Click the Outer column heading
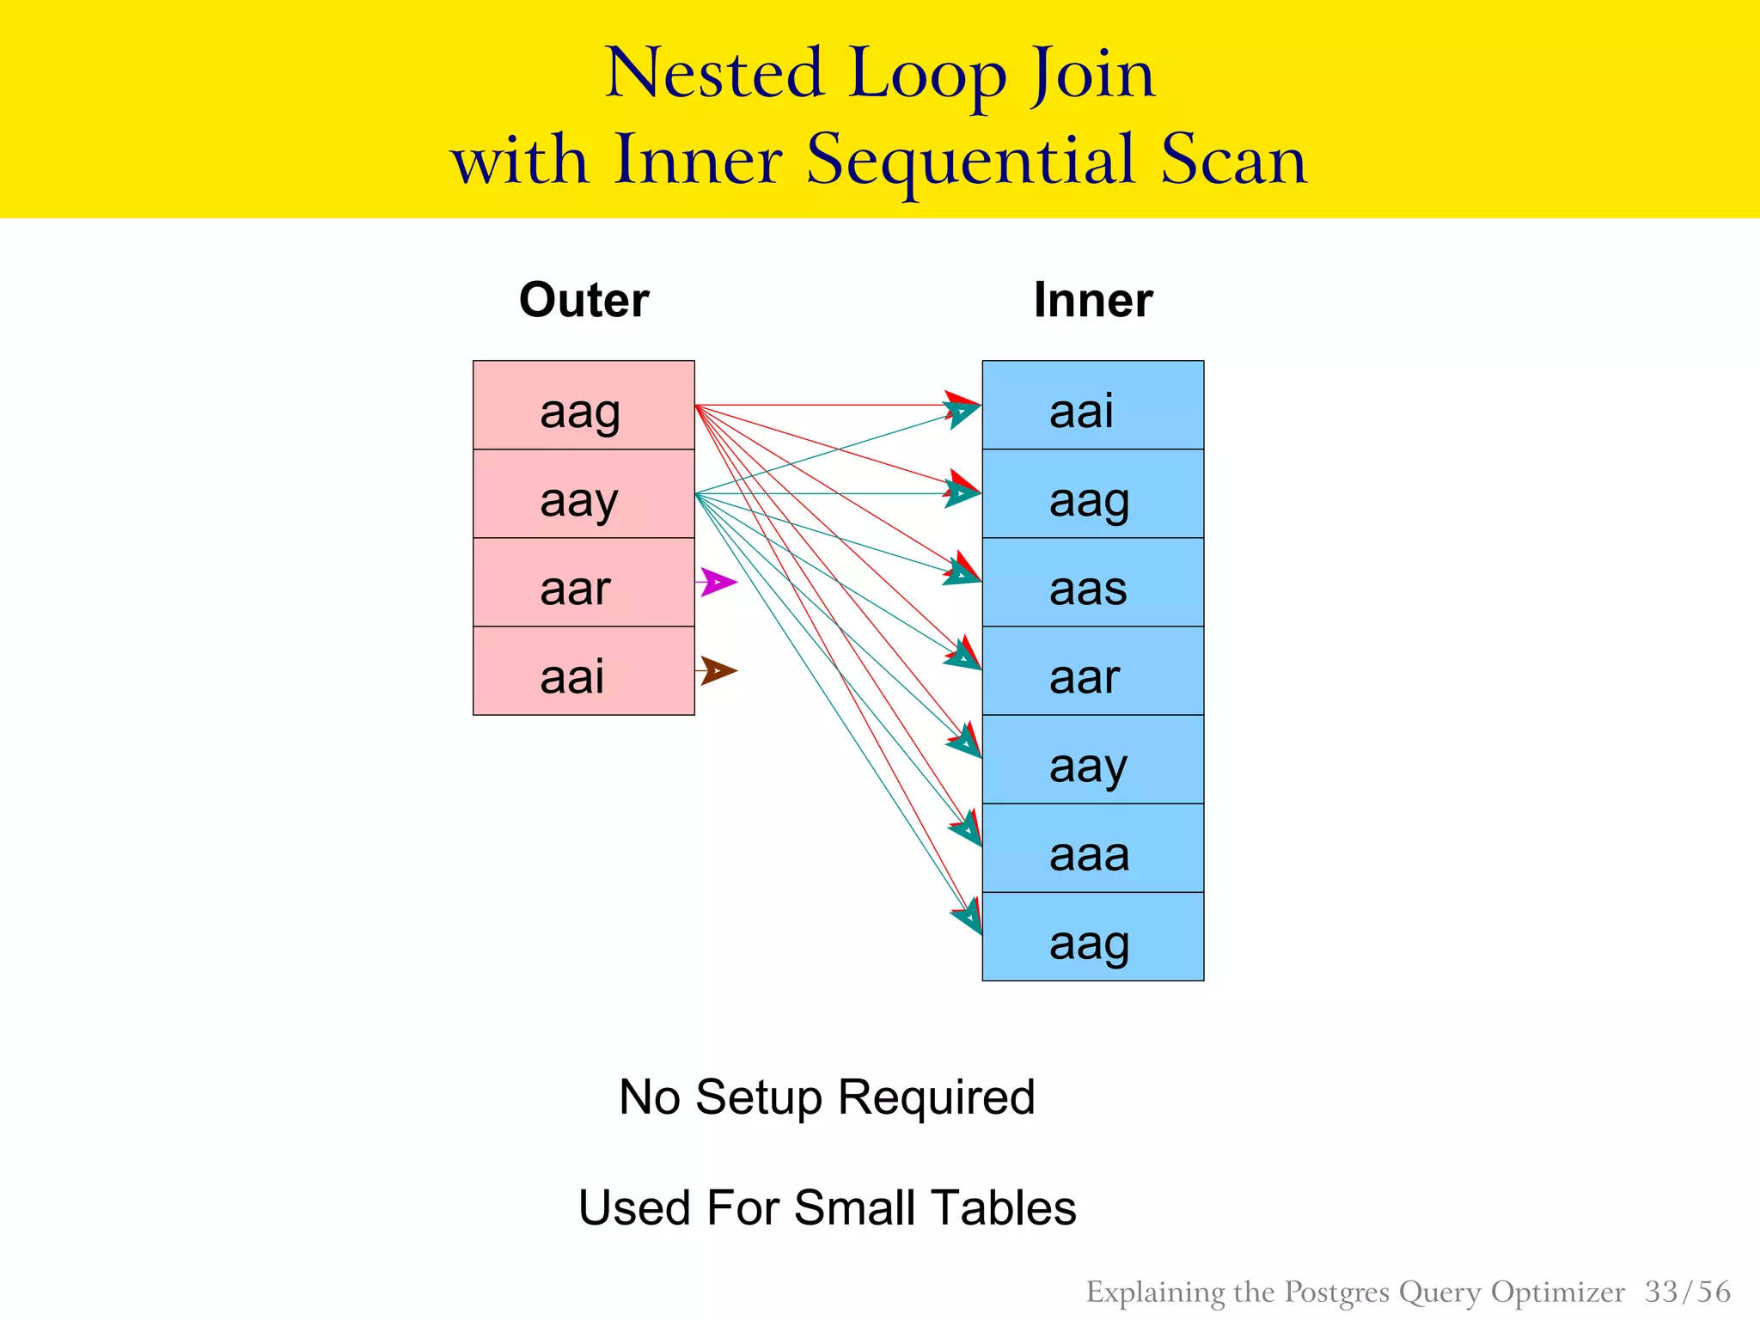click(x=584, y=300)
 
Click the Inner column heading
click(x=1092, y=300)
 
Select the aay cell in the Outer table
click(x=584, y=494)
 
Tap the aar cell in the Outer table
click(x=584, y=583)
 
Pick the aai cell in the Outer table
click(x=584, y=671)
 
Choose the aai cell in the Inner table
click(x=1092, y=406)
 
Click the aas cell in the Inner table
click(x=1092, y=583)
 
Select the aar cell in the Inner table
click(x=1092, y=671)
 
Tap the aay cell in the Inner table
click(x=1092, y=760)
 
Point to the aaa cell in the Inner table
click(x=1092, y=848)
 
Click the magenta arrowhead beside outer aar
click(x=718, y=582)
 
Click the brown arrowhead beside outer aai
click(x=718, y=670)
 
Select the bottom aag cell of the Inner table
click(x=1092, y=937)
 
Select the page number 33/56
click(x=1687, y=1292)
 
